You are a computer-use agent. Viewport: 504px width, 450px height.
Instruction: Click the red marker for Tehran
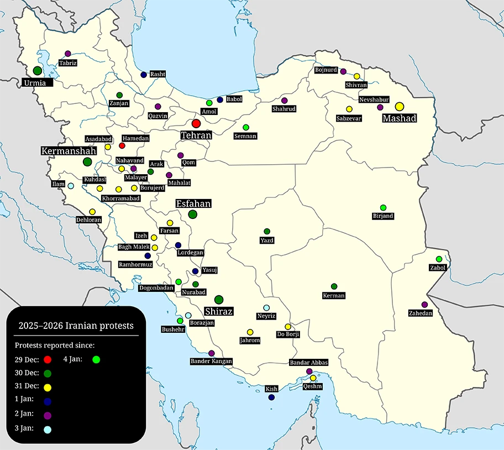[x=196, y=124]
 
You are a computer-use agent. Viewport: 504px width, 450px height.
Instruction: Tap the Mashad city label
[x=400, y=118]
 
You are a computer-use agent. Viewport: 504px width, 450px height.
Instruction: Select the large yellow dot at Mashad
[x=400, y=107]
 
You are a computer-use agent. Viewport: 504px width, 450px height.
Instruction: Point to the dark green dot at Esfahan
[x=192, y=214]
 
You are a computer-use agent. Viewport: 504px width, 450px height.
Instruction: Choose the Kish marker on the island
[x=271, y=397]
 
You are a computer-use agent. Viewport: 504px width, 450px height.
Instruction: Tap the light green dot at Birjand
[x=383, y=207]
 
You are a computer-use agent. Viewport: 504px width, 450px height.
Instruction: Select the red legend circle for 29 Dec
[x=47, y=360]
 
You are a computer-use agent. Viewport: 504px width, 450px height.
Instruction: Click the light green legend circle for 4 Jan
[x=96, y=360]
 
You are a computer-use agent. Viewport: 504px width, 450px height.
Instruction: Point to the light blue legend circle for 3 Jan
[x=47, y=429]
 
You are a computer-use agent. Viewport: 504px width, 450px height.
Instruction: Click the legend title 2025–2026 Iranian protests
[x=76, y=326]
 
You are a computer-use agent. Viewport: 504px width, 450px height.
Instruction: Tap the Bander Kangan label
[x=211, y=361]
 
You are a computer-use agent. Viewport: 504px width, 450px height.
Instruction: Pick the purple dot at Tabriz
[x=68, y=54]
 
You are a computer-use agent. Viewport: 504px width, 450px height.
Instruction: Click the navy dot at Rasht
[x=144, y=75]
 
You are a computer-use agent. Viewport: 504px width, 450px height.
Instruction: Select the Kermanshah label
[x=69, y=150]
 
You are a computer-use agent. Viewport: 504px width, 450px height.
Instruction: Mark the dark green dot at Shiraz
[x=219, y=300]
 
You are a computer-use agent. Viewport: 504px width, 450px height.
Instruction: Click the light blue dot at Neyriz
[x=266, y=307]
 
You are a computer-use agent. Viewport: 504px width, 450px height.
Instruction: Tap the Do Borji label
[x=288, y=334]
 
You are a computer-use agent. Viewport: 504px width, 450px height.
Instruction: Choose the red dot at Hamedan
[x=122, y=145]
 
